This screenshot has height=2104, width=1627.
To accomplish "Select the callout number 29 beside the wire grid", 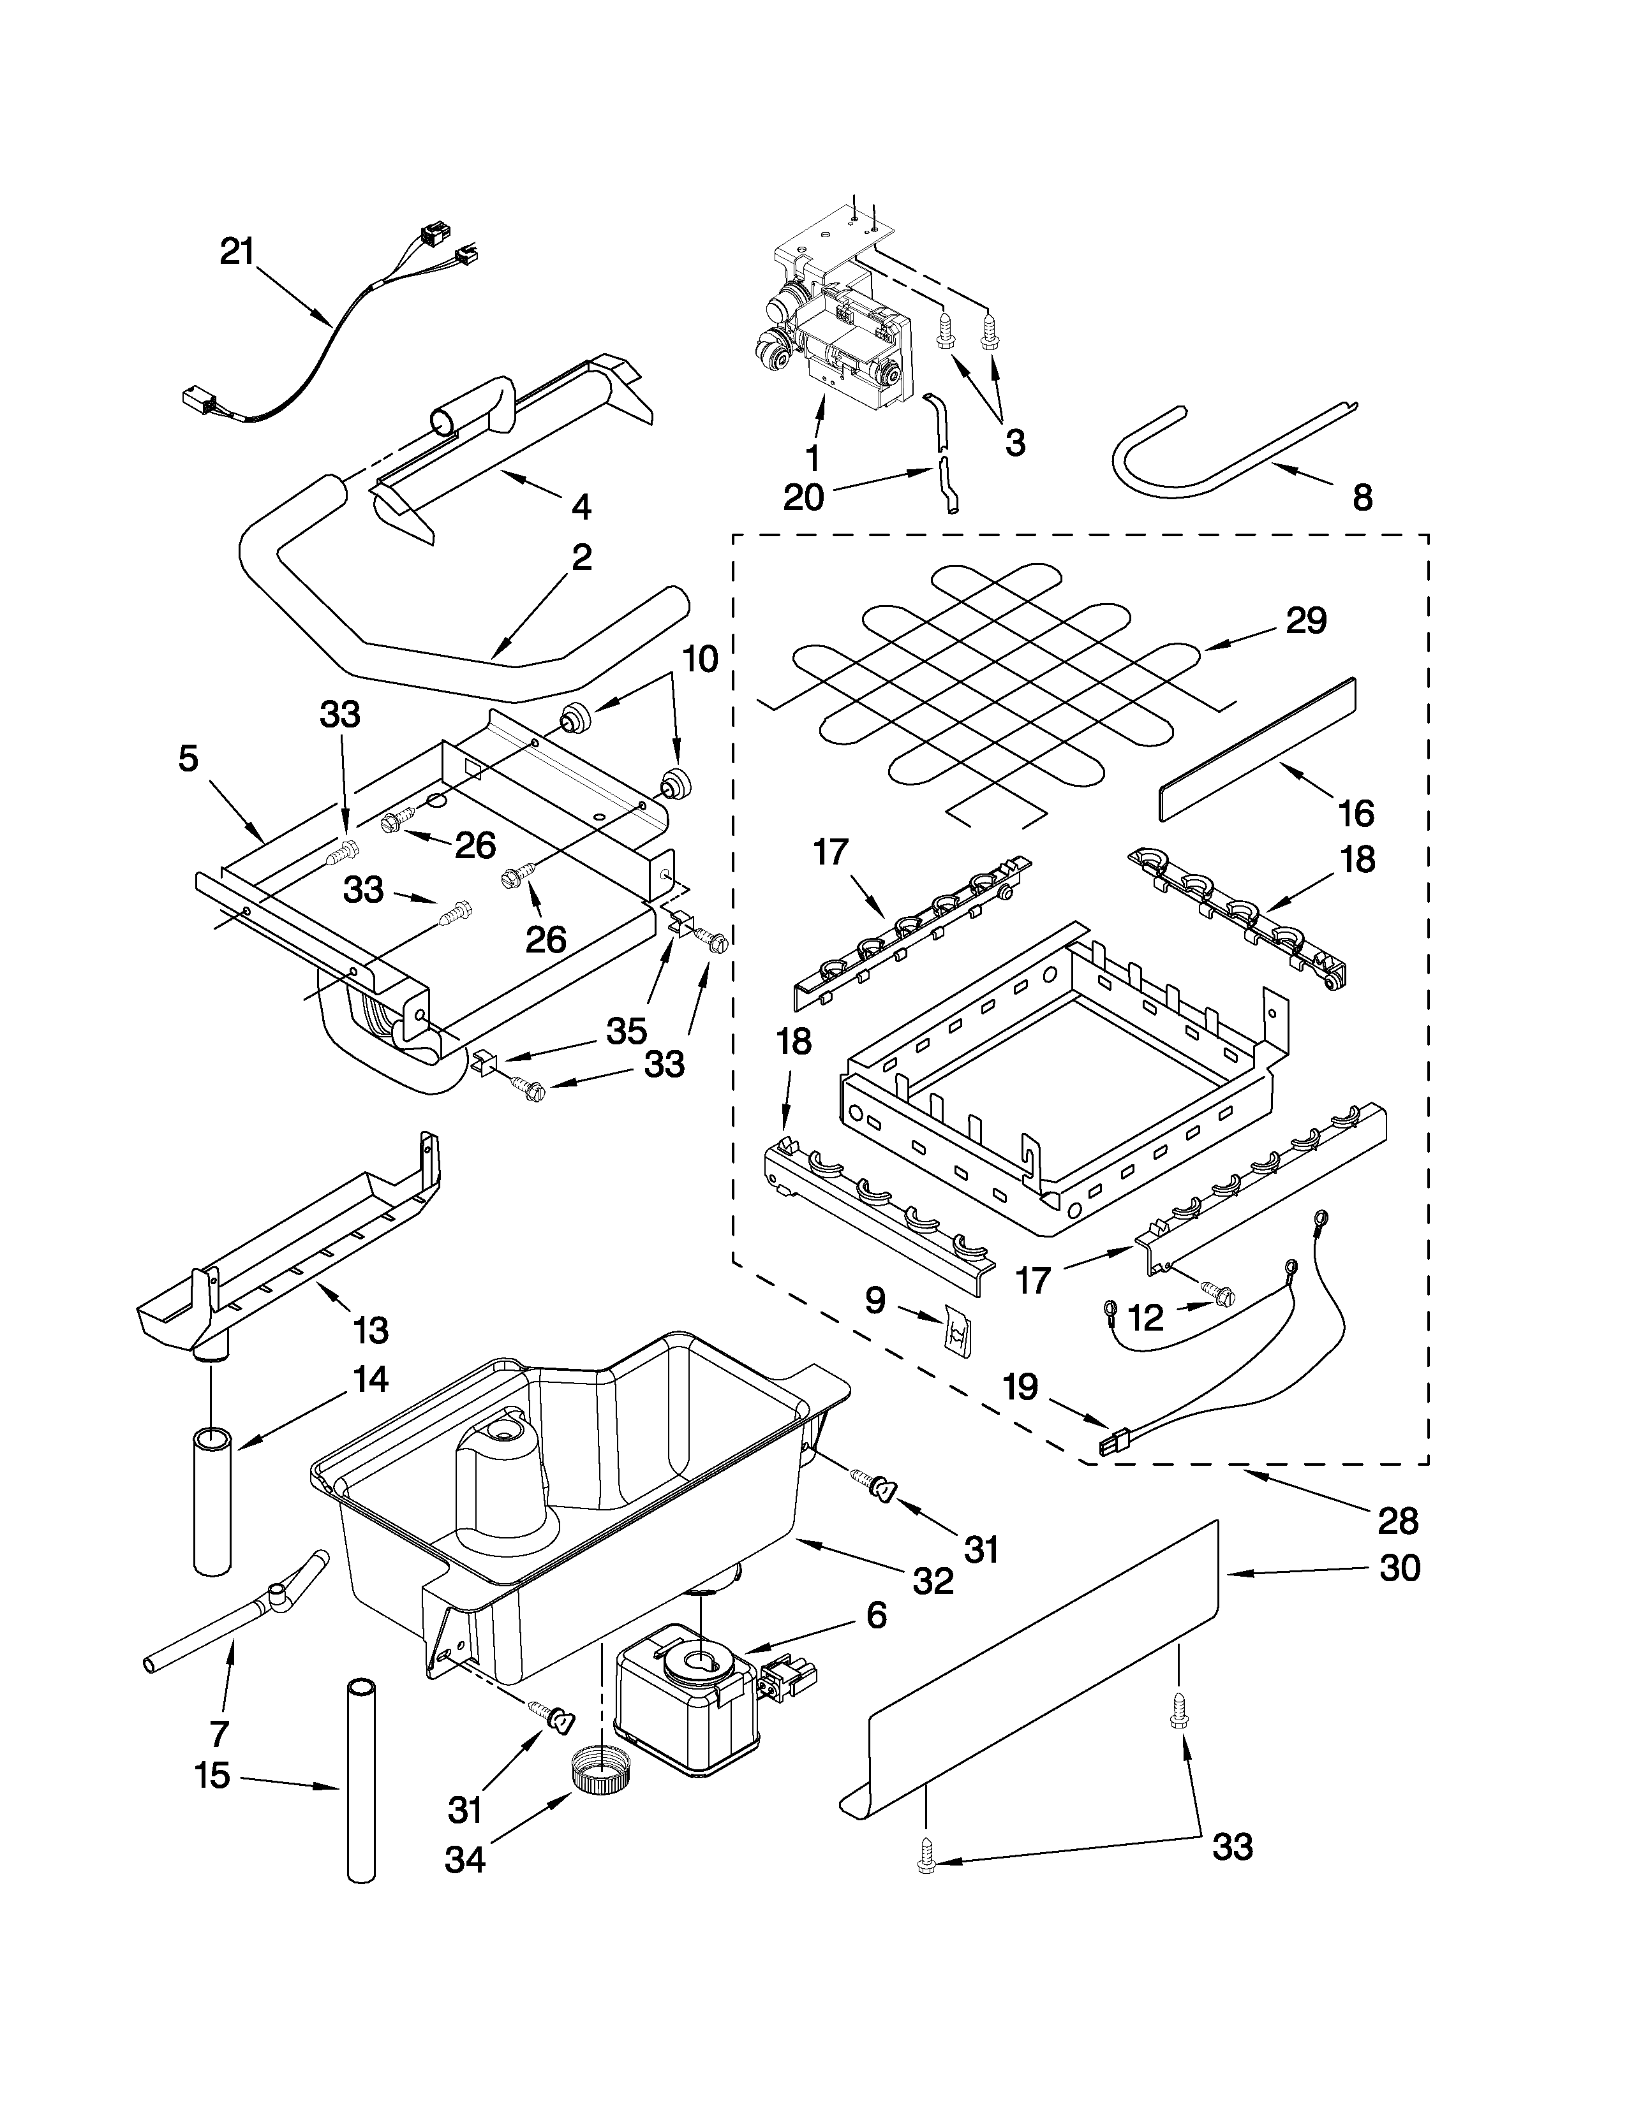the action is pyautogui.click(x=1306, y=620).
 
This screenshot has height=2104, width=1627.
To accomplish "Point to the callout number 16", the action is pyautogui.click(x=1356, y=814).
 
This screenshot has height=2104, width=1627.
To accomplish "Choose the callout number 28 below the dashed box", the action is pyautogui.click(x=1397, y=1521).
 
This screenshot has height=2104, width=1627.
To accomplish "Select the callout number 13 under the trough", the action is pyautogui.click(x=370, y=1331).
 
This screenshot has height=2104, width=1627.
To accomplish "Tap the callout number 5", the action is pyautogui.click(x=188, y=759).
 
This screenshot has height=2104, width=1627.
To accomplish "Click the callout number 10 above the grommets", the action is pyautogui.click(x=701, y=659).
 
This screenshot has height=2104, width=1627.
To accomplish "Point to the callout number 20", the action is pyautogui.click(x=804, y=498).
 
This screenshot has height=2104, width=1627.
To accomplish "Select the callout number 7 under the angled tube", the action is pyautogui.click(x=219, y=1733).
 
